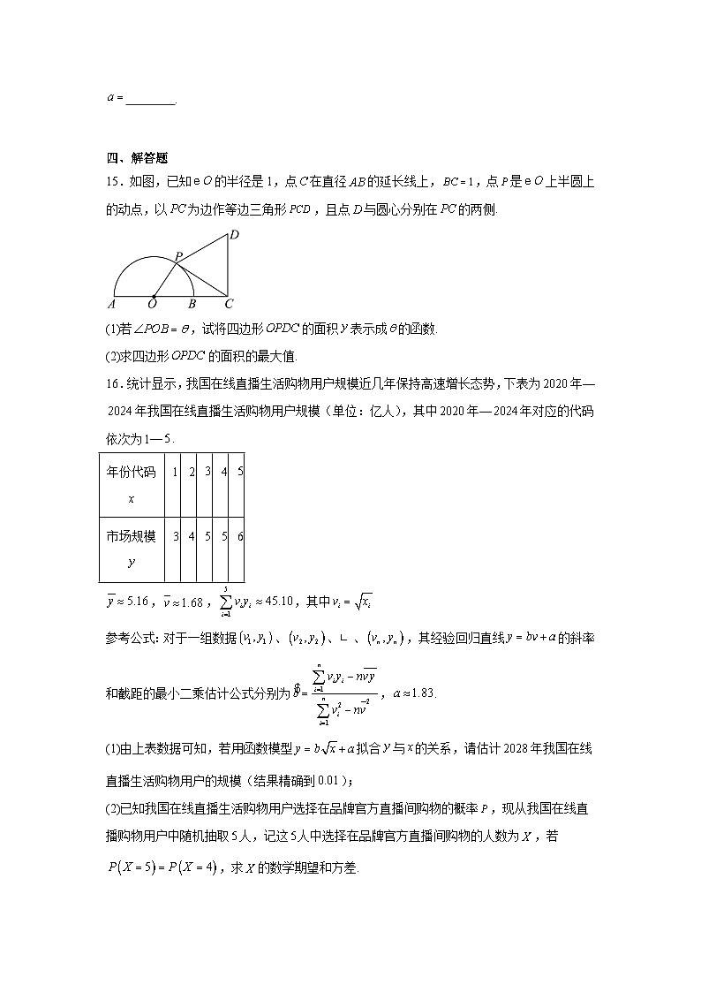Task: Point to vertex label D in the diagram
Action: (x=234, y=236)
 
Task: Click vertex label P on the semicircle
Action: (x=177, y=256)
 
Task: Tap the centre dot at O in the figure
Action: (x=155, y=296)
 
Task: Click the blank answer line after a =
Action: (x=150, y=100)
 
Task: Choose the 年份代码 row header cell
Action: (x=132, y=485)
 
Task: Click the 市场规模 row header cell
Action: (x=132, y=548)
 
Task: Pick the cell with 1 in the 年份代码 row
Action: (x=176, y=473)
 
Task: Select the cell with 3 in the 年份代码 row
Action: (x=207, y=473)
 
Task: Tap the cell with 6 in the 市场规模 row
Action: (x=240, y=536)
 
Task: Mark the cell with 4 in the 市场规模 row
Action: (x=192, y=536)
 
